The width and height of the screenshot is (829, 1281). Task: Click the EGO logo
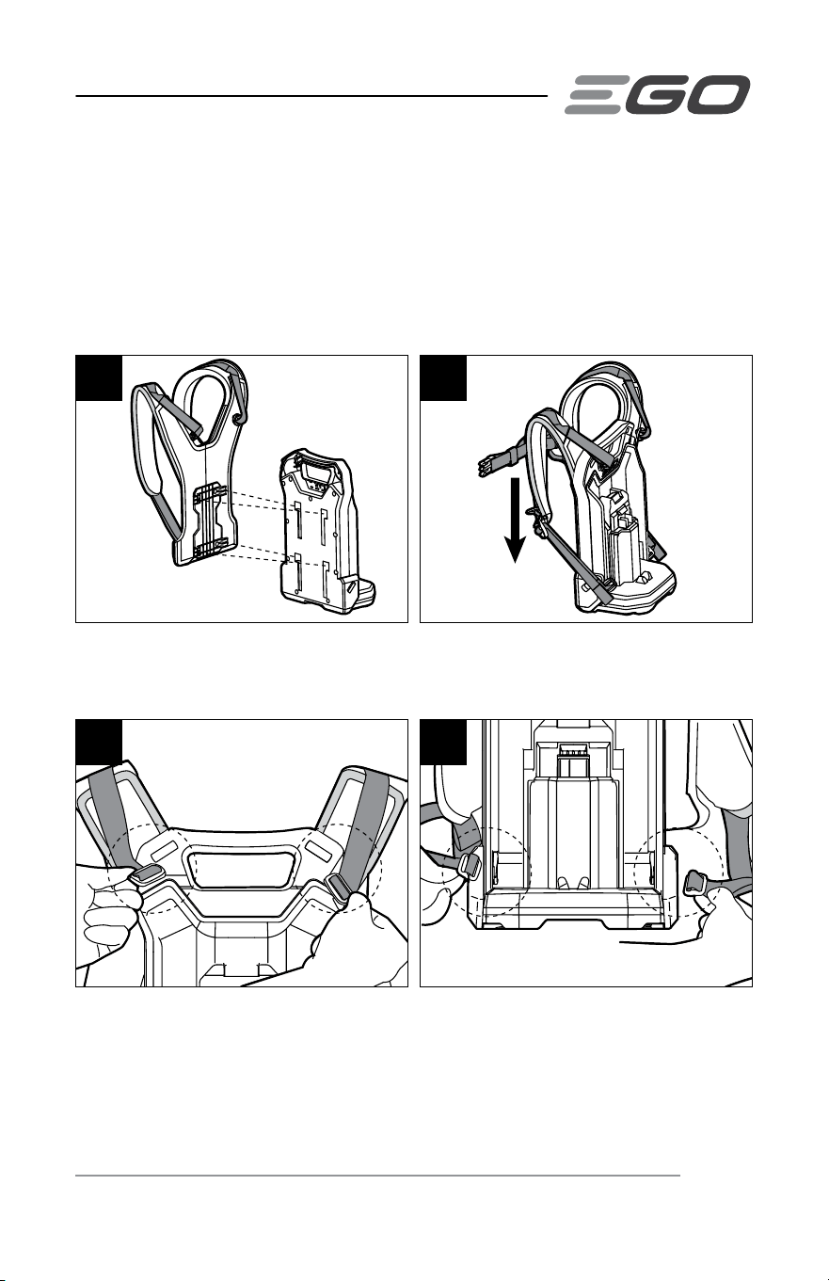pyautogui.click(x=658, y=94)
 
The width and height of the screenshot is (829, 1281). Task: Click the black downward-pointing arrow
pyautogui.click(x=516, y=520)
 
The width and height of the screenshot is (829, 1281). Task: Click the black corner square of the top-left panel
pyautogui.click(x=99, y=378)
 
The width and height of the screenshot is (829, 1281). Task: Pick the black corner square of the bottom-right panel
pyautogui.click(x=443, y=743)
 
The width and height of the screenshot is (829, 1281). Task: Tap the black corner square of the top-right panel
pyautogui.click(x=443, y=378)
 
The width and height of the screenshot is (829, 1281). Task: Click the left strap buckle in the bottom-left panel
pyautogui.click(x=147, y=877)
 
